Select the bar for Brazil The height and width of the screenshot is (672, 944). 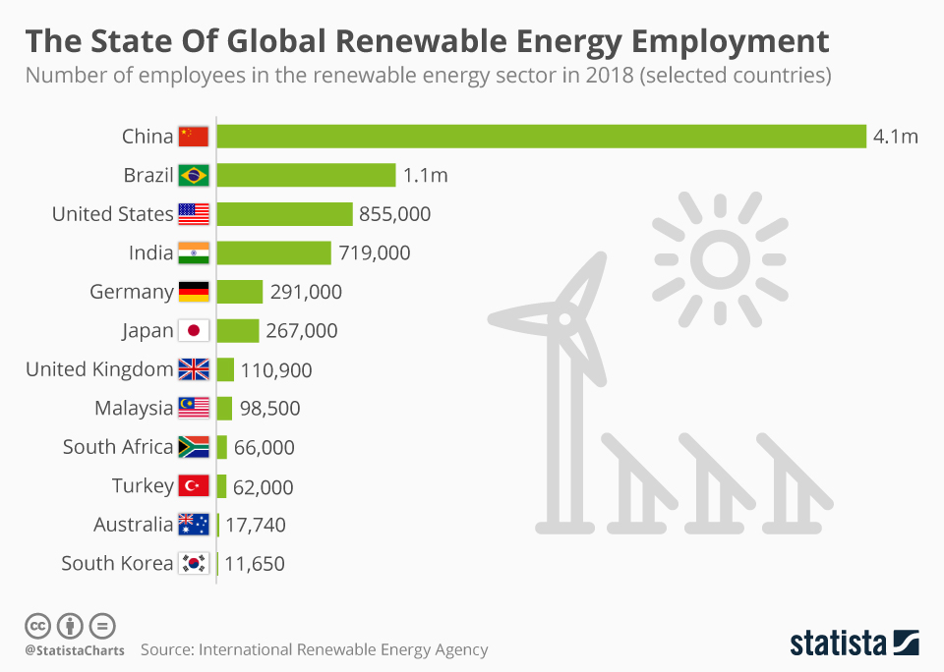[306, 176]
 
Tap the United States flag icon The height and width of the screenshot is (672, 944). [194, 214]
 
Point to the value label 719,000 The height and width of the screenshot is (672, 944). [374, 253]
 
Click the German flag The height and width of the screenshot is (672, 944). [194, 292]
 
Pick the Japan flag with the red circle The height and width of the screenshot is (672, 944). [194, 331]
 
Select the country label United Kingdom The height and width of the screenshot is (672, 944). [99, 369]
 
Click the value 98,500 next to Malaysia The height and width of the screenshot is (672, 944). [269, 409]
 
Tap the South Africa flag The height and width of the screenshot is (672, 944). [194, 447]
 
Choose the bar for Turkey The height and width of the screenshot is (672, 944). [221, 486]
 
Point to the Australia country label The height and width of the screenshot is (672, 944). [133, 525]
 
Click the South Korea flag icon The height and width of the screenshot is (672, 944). [194, 564]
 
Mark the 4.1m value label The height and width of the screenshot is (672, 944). [895, 137]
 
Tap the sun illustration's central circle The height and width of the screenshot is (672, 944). [721, 257]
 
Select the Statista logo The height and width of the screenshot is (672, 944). [855, 644]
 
